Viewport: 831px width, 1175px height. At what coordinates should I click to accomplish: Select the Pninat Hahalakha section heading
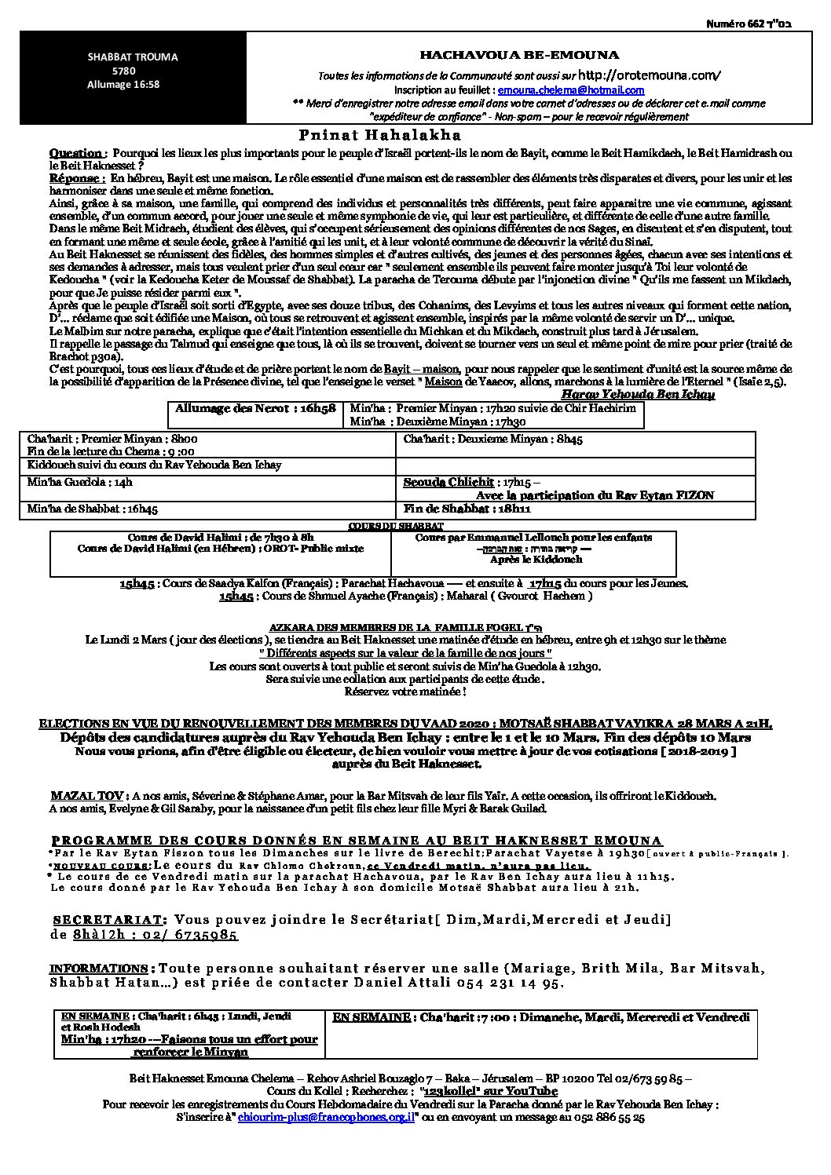click(x=379, y=136)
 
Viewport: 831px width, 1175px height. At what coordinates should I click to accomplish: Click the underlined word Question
click(x=75, y=153)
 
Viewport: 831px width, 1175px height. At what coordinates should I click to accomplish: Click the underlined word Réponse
click(x=76, y=179)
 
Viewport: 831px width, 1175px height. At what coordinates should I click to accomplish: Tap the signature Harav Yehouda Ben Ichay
click(x=638, y=394)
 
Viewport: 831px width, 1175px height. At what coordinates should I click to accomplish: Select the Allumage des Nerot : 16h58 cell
click(x=255, y=409)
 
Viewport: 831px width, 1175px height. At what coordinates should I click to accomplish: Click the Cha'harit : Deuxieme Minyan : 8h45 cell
click(x=493, y=440)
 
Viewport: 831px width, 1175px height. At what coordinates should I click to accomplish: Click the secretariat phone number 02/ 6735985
click(x=198, y=935)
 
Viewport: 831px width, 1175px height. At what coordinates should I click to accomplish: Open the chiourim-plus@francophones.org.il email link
click(x=327, y=1116)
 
